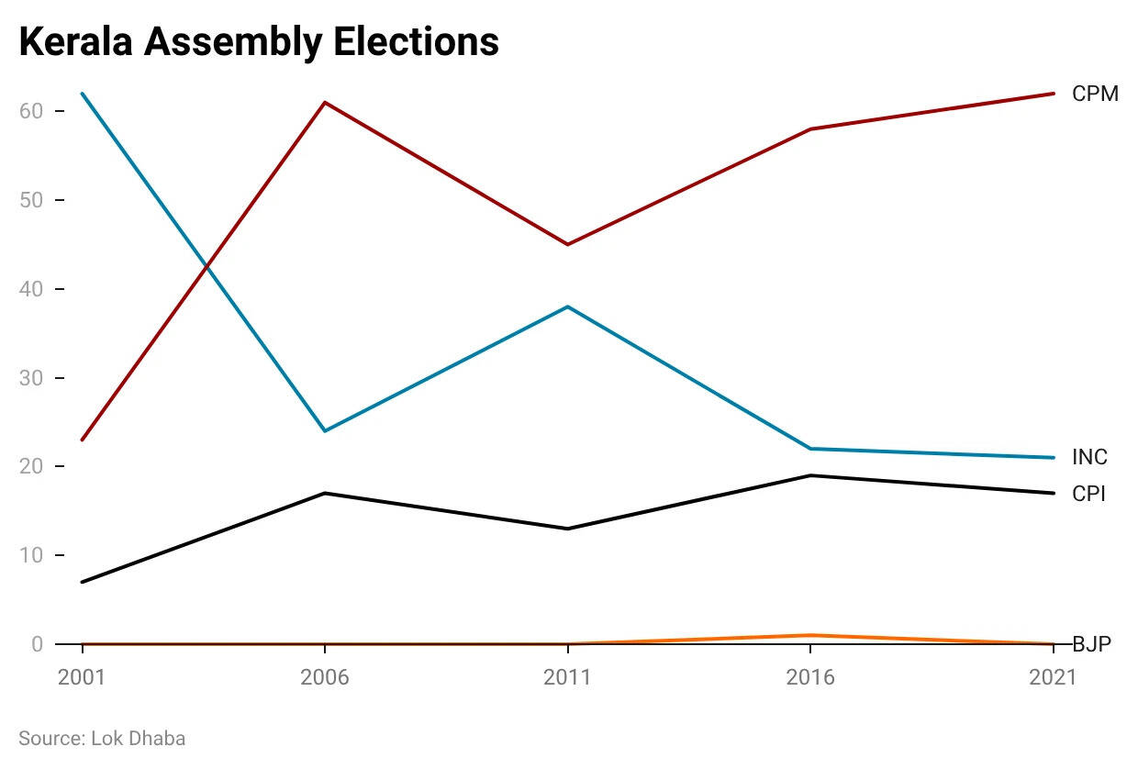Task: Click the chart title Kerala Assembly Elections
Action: (x=259, y=43)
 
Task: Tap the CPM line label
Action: (x=1095, y=94)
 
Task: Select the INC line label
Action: (x=1089, y=457)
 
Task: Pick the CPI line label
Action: (x=1088, y=494)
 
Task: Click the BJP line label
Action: (x=1091, y=644)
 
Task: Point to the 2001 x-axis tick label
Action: (x=83, y=677)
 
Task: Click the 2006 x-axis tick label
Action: (x=325, y=677)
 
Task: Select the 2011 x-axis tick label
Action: (x=567, y=677)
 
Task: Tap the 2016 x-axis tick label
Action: (x=809, y=677)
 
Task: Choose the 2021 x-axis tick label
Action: (x=1052, y=677)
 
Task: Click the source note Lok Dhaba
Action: (x=102, y=738)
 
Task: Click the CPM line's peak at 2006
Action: (x=325, y=102)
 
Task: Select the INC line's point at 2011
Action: (x=567, y=306)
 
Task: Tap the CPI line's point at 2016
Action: (x=809, y=475)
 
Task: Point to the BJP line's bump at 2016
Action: (x=809, y=635)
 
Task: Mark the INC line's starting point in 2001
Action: (x=83, y=94)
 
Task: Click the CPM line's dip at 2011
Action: (x=567, y=244)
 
